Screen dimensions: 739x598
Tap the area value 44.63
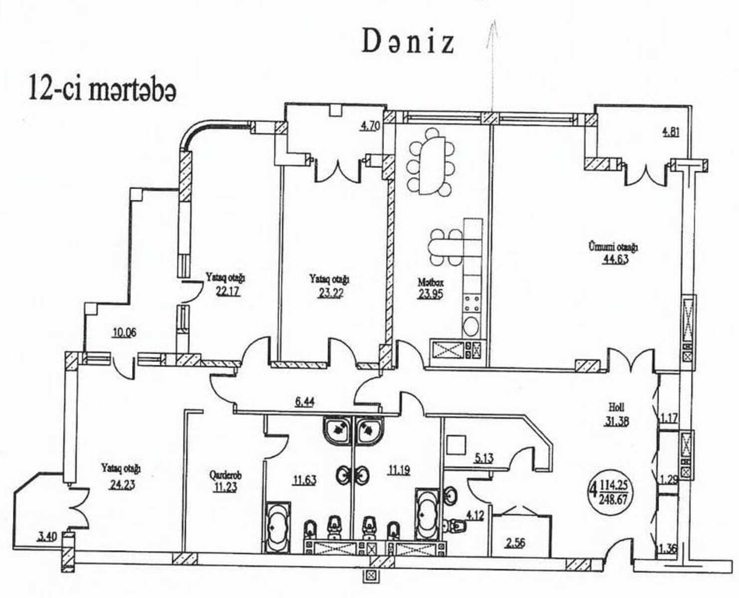pyautogui.click(x=615, y=259)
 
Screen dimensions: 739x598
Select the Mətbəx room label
pyautogui.click(x=431, y=283)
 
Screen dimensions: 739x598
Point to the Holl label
pyautogui.click(x=616, y=407)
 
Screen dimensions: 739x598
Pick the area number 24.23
pyautogui.click(x=123, y=484)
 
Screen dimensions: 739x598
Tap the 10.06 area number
pyautogui.click(x=125, y=333)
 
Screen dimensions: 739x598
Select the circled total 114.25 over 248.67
pyautogui.click(x=614, y=490)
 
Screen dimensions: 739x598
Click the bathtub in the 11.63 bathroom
pyautogui.click(x=278, y=527)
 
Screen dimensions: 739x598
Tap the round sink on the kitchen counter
pyautogui.click(x=471, y=326)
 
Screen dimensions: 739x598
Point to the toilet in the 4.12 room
pyautogui.click(x=457, y=526)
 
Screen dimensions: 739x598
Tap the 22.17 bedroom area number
pyautogui.click(x=228, y=292)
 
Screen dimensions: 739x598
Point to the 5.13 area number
pyautogui.click(x=484, y=458)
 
